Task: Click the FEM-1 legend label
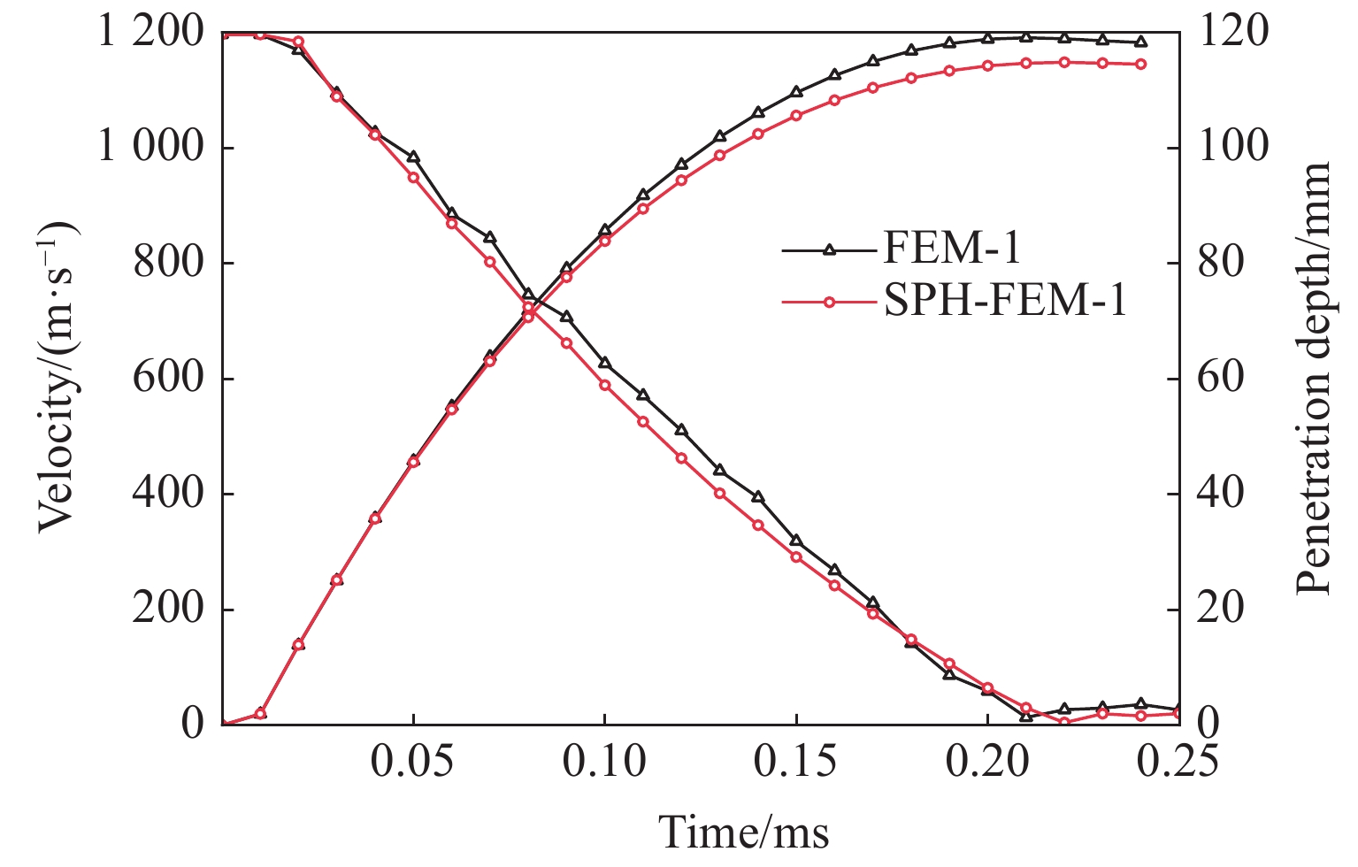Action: point(951,249)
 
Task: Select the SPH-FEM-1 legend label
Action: point(1005,302)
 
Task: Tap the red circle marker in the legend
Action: point(829,303)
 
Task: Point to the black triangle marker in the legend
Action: point(829,250)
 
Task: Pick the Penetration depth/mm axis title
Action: point(1316,378)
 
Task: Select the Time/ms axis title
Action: point(744,833)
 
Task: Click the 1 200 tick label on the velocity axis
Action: point(150,34)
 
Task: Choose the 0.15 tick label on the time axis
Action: point(796,762)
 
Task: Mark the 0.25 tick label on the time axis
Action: point(1178,762)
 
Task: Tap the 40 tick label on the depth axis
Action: point(1221,494)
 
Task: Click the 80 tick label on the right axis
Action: point(1221,264)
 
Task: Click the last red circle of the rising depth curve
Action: point(1141,64)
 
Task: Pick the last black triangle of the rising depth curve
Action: point(1141,42)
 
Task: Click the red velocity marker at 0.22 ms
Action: point(1064,722)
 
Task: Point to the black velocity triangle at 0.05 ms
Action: point(413,157)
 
